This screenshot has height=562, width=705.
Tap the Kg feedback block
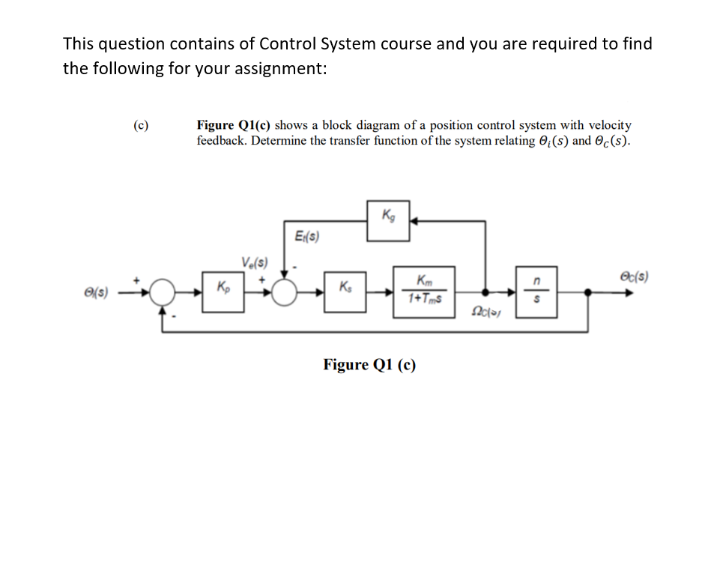click(388, 221)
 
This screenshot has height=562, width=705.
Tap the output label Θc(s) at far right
click(633, 276)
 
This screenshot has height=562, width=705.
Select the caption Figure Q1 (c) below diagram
click(369, 365)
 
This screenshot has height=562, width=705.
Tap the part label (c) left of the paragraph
click(139, 125)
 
